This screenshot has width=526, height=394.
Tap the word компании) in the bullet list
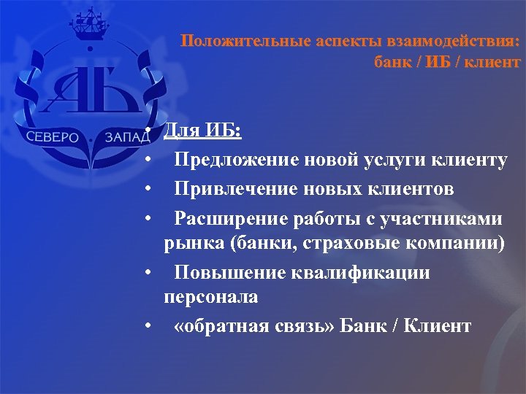(x=459, y=244)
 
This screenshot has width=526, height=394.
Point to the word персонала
(x=210, y=298)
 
